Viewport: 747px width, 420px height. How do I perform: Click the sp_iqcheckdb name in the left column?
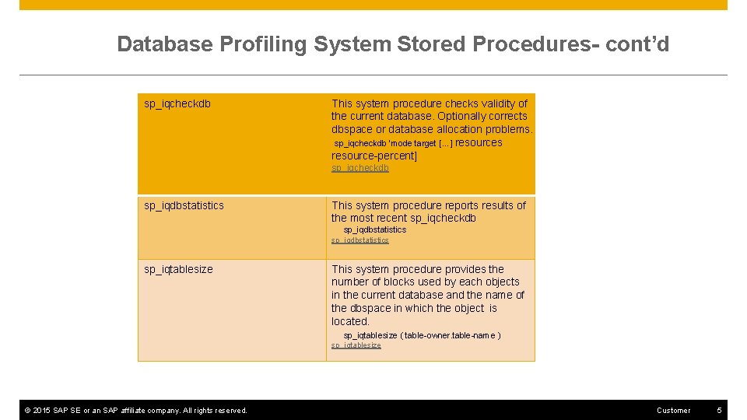click(x=177, y=103)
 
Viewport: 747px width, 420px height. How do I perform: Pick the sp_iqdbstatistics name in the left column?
click(x=184, y=205)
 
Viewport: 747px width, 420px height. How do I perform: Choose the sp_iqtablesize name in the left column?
click(x=178, y=269)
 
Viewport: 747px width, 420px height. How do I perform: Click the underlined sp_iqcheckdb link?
click(x=360, y=168)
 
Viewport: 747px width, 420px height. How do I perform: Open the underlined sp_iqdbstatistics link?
click(x=360, y=240)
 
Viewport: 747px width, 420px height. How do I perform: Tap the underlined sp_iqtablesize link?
click(x=356, y=345)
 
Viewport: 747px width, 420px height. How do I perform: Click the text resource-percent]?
click(x=374, y=156)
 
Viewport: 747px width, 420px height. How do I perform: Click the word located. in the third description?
click(x=350, y=321)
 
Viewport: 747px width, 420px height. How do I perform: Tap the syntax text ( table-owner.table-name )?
click(x=451, y=335)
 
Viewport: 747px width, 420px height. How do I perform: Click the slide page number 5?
click(x=720, y=410)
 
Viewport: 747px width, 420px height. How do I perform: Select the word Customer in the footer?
click(x=673, y=410)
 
